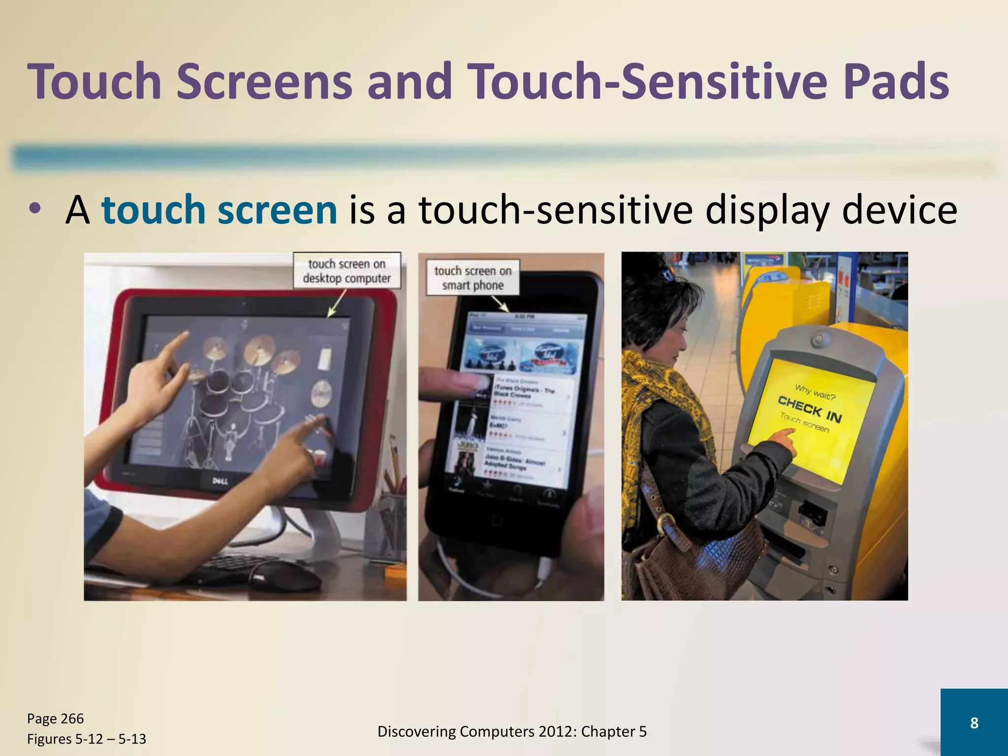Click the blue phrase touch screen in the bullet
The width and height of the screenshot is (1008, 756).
coord(219,210)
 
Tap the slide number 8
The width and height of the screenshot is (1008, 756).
coord(974,723)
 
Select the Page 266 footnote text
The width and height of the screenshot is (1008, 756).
coord(55,719)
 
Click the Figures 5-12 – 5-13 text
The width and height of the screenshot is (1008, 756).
coord(86,739)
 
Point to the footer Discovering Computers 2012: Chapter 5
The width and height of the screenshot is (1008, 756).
coord(512,731)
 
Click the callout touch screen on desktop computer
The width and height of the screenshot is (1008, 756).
coord(346,271)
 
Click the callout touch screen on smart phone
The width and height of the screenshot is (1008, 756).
coord(472,278)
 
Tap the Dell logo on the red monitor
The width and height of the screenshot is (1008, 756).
coord(220,480)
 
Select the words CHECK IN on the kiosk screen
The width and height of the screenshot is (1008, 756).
coord(810,409)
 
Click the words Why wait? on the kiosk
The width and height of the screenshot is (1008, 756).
coord(815,393)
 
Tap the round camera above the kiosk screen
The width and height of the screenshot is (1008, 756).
coord(819,339)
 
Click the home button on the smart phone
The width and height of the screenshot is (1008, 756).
coord(496,520)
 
